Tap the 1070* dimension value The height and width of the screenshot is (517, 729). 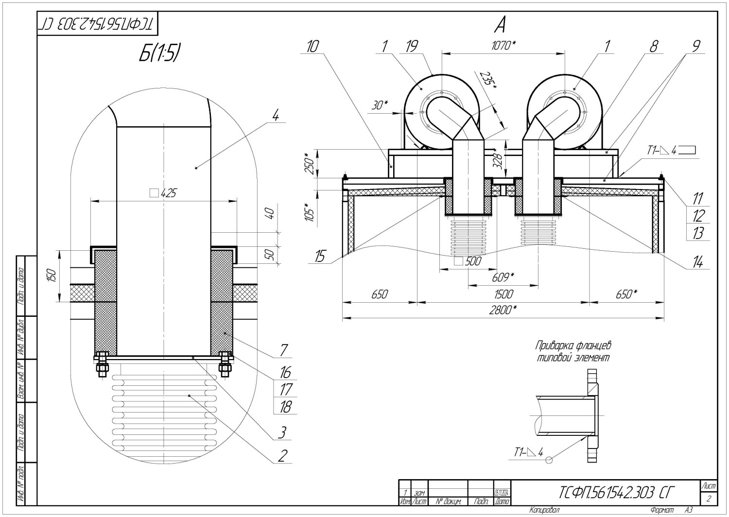coord(503,46)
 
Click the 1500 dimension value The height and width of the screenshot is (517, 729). coord(503,294)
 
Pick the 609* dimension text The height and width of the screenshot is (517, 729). coord(503,277)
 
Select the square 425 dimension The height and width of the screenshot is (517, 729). coord(163,193)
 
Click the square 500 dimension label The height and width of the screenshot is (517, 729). coord(468,261)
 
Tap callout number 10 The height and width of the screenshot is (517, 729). coord(313,46)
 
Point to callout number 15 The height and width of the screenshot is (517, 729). coord(319,257)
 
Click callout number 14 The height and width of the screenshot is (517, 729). coord(698,262)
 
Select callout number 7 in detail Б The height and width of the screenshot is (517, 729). coord(284,350)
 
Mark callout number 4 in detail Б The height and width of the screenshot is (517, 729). coord(276,117)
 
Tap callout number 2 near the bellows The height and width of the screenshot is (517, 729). coord(282,456)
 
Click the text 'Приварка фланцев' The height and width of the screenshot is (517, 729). coord(573,346)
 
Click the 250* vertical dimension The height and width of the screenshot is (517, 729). coord(307,162)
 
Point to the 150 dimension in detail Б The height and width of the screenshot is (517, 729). coord(53,276)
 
